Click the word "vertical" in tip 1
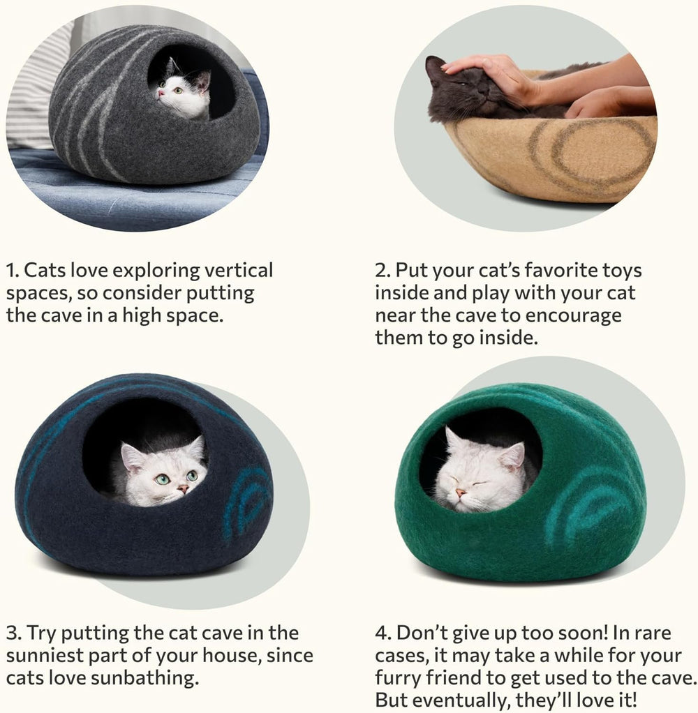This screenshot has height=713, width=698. pyautogui.click(x=237, y=271)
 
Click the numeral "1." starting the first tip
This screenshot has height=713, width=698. pyautogui.click(x=12, y=271)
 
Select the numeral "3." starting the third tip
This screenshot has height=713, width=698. pyautogui.click(x=13, y=633)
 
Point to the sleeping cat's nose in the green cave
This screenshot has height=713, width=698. pyautogui.click(x=461, y=493)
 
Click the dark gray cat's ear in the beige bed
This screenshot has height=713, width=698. pyautogui.click(x=436, y=67)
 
